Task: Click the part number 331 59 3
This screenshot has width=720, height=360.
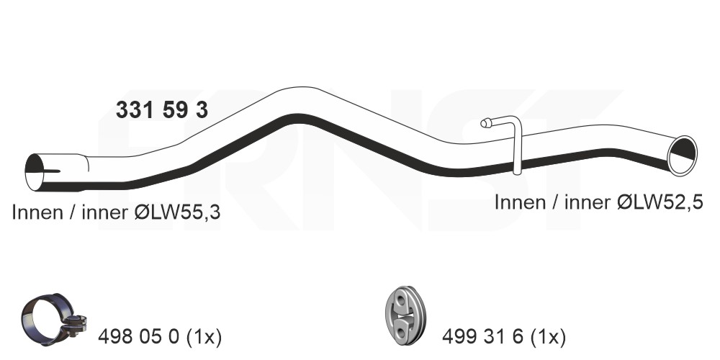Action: click(161, 110)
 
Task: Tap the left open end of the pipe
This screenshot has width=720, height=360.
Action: click(35, 172)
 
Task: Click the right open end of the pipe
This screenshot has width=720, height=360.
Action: click(683, 156)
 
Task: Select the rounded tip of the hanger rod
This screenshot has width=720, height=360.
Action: click(485, 123)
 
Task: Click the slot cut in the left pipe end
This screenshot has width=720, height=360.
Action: click(52, 172)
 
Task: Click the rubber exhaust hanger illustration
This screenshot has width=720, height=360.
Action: click(405, 315)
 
